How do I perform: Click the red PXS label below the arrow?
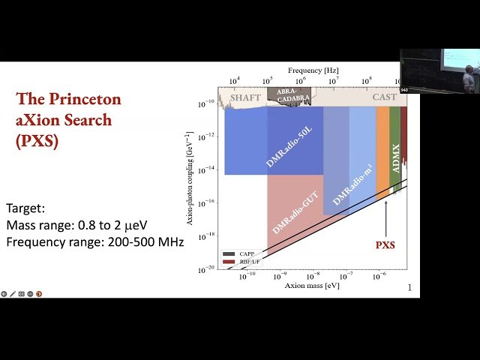385,244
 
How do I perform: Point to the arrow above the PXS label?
385,217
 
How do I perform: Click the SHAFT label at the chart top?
245,97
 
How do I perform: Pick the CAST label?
385,97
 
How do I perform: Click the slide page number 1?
409,288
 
